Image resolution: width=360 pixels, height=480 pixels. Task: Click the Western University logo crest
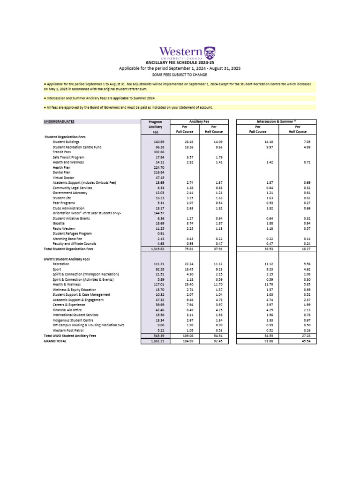210,52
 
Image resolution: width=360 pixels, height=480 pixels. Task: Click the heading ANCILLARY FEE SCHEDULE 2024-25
180,62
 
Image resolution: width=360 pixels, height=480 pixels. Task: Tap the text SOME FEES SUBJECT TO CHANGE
180,75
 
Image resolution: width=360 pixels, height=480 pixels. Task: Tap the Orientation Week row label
87,213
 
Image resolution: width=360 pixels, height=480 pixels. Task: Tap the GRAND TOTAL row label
55,341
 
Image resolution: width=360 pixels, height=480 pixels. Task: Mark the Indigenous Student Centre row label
73,320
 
